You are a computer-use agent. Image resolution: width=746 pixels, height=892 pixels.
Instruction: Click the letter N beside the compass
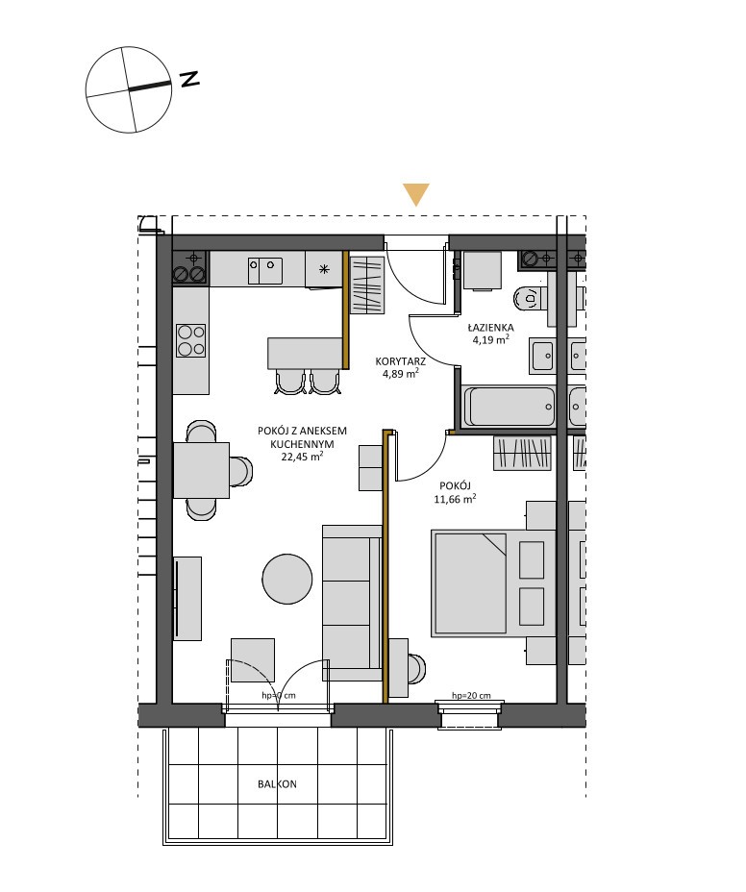pos(189,79)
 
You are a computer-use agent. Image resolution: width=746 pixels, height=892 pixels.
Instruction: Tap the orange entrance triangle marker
pos(416,194)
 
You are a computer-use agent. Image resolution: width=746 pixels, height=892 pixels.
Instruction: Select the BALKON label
pos(277,784)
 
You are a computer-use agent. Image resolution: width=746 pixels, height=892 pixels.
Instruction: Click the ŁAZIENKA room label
pos(490,327)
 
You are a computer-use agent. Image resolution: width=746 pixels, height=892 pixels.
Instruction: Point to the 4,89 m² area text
pos(401,374)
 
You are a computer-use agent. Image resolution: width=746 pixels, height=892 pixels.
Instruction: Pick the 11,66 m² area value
pos(455,499)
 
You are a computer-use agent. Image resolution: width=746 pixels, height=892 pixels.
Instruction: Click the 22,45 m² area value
pos(302,456)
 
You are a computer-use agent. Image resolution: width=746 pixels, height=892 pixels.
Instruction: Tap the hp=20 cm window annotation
pos(471,695)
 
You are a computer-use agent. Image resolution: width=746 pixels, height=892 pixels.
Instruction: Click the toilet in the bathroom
pos(528,298)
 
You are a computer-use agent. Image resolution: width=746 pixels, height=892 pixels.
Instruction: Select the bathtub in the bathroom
pos(510,407)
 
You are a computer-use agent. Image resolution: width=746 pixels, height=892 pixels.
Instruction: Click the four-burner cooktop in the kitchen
pos(190,340)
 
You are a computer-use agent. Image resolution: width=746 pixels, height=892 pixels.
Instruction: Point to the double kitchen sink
pos(264,271)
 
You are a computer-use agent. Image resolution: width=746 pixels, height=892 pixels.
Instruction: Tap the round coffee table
pos(287,579)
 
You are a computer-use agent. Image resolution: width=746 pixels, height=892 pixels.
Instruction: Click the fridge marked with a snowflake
pos(324,269)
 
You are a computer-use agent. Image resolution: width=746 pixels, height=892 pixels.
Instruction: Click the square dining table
pos(202,470)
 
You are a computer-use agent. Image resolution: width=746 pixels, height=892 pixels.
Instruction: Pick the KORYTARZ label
pos(401,361)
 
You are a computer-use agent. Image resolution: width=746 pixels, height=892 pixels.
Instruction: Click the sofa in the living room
pos(352,603)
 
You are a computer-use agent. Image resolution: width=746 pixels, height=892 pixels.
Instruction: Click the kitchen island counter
pos(305,354)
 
